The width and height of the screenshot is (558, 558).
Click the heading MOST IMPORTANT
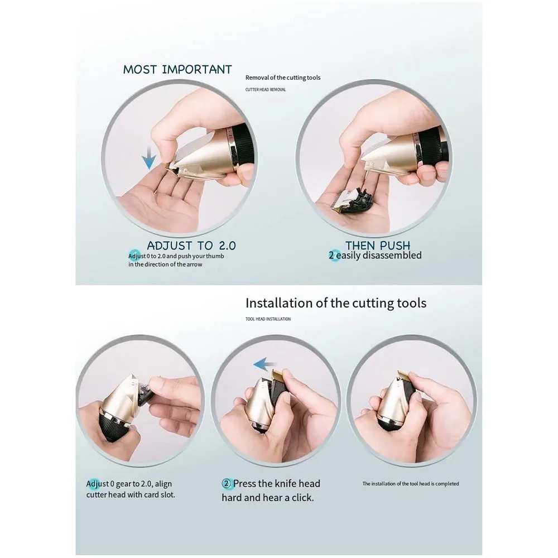point(177,70)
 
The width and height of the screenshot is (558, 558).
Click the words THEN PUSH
point(378,246)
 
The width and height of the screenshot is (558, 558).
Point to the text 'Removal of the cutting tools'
point(283,78)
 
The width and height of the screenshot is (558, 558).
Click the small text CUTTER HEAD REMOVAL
point(265,89)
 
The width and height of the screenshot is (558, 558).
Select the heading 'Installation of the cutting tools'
point(336,303)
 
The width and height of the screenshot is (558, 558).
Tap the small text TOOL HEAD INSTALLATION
point(268,319)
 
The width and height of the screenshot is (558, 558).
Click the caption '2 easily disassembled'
point(374,256)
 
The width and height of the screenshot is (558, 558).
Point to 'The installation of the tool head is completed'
point(411,484)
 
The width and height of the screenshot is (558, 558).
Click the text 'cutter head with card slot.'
point(131,495)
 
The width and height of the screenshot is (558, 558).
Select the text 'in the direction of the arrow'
point(165,264)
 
